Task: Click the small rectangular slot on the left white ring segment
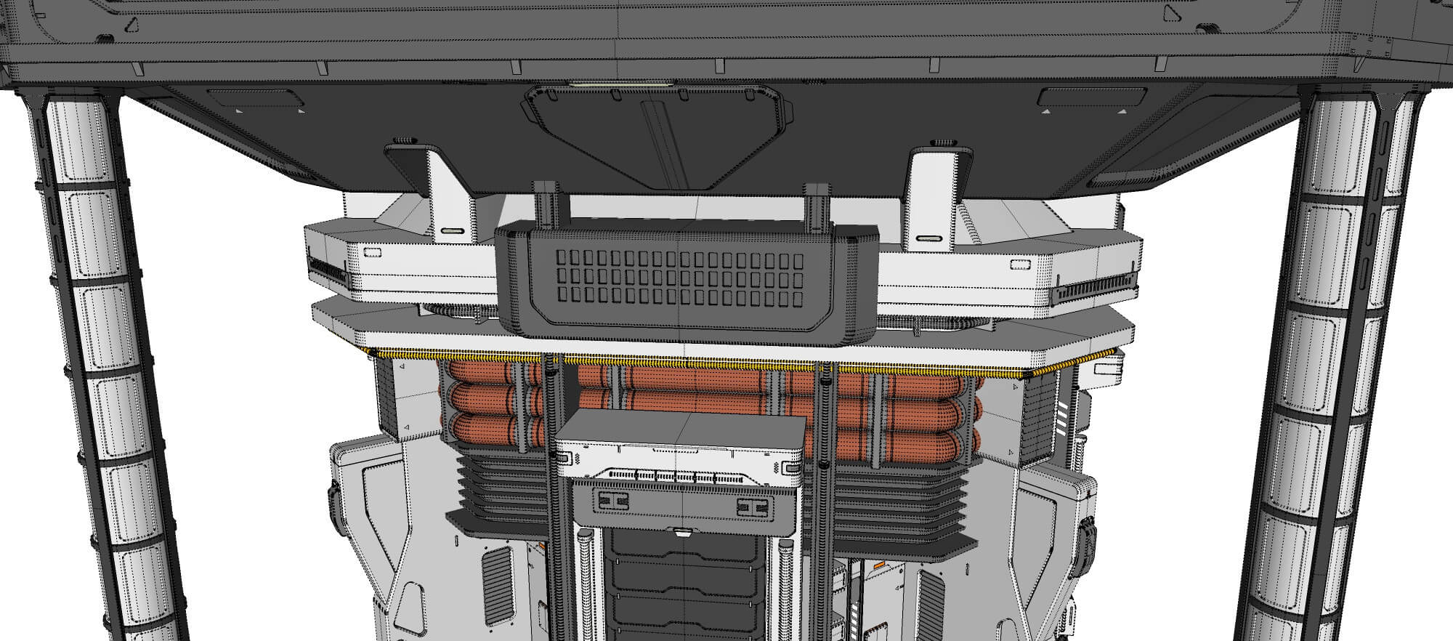point(372,251)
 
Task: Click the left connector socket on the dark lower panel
point(612,501)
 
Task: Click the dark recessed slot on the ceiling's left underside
point(250,99)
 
